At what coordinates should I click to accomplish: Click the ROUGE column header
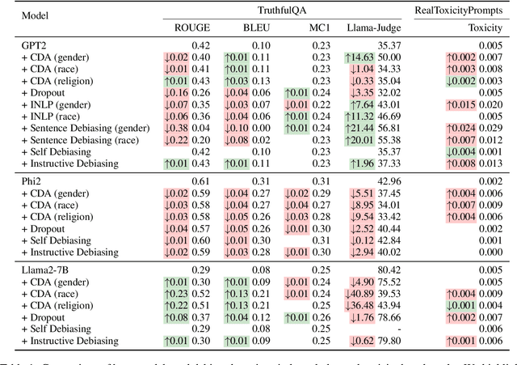pos(192,28)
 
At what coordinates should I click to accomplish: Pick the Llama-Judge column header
pos(374,28)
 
